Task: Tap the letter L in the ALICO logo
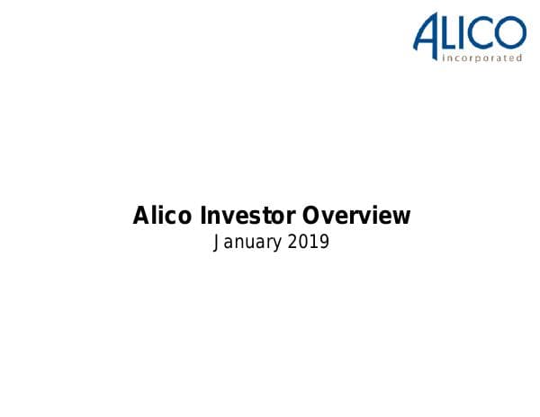pos(452,33)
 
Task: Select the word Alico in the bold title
pos(160,216)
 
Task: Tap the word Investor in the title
pos(244,216)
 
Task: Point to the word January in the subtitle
pos(245,243)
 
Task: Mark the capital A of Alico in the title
pos(140,216)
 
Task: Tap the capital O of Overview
pos(310,216)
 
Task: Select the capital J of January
pos(216,242)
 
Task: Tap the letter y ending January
pos(274,244)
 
